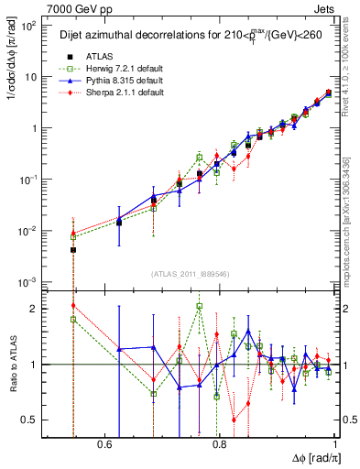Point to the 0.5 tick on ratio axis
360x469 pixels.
pyautogui.click(x=34, y=420)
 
